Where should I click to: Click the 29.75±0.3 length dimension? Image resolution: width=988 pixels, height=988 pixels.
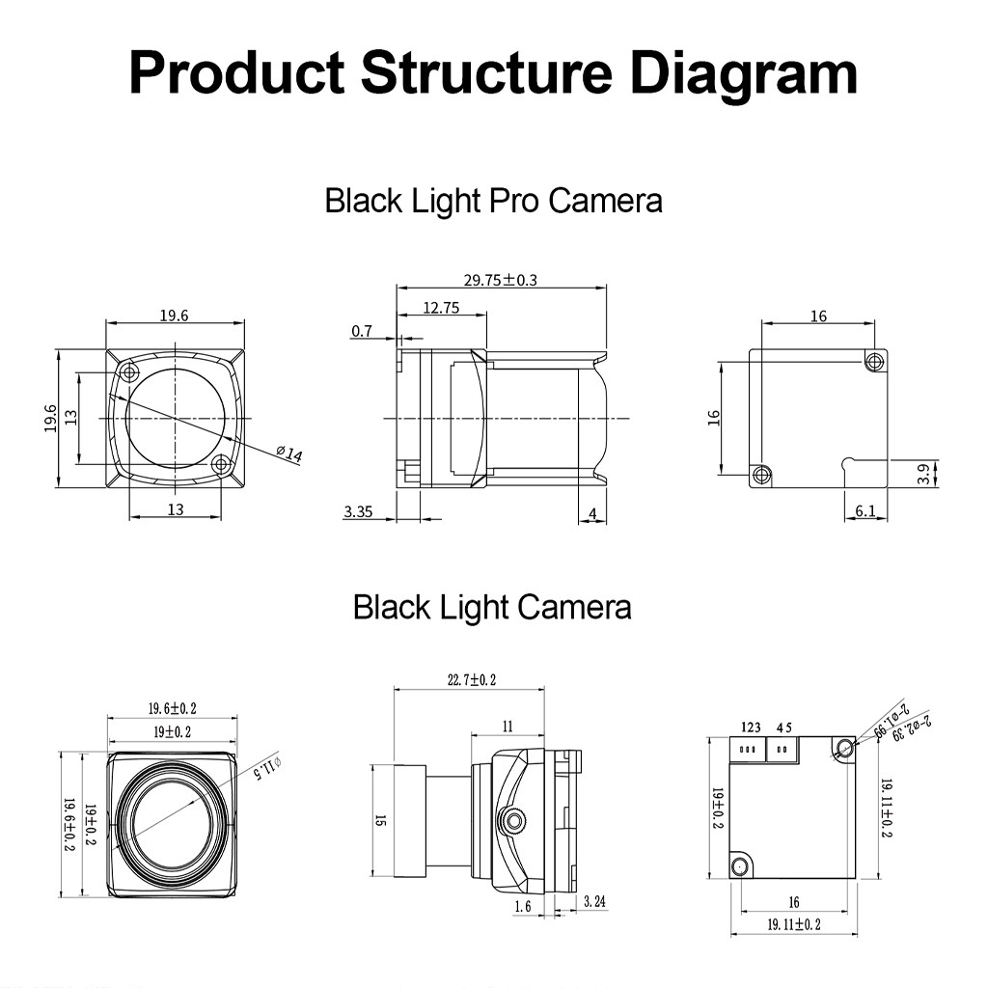[x=500, y=281]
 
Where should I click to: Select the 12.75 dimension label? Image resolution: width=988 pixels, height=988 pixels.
[x=440, y=308]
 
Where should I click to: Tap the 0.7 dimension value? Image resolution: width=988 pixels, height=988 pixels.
[x=362, y=332]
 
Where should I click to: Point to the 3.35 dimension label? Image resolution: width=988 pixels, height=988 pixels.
[x=358, y=511]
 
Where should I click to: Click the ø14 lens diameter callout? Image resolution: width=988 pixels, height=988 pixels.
[x=288, y=453]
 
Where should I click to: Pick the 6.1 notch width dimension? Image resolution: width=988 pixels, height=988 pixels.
[x=865, y=511]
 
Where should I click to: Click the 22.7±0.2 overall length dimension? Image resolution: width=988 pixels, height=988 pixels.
[x=471, y=680]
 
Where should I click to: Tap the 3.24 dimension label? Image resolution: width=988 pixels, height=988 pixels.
[x=594, y=903]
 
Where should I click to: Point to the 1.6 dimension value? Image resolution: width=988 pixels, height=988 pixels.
[x=523, y=906]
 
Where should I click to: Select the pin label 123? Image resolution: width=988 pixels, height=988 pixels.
[x=752, y=727]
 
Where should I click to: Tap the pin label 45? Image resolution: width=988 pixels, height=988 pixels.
[x=782, y=727]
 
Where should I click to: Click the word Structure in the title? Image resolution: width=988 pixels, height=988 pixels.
[x=485, y=73]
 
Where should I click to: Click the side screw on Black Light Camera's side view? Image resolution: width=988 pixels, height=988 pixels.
[x=511, y=821]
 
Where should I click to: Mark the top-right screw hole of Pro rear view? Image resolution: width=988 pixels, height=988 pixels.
[x=874, y=362]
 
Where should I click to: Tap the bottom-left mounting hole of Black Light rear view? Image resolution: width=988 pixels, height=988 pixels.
[x=740, y=865]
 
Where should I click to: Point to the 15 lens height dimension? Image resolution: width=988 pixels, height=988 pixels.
[x=380, y=820]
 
